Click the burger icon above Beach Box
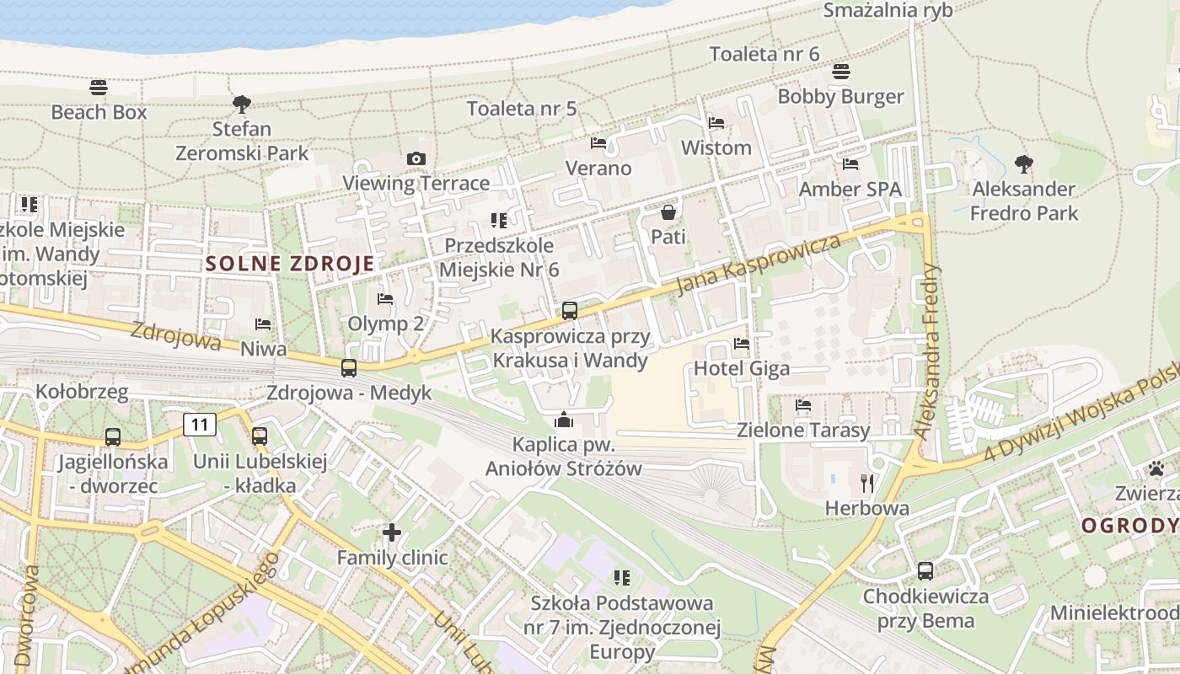[x=99, y=87]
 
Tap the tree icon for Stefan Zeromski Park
[x=242, y=104]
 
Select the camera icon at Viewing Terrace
[x=416, y=158]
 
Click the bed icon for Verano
[x=598, y=143]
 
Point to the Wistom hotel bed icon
[x=716, y=123]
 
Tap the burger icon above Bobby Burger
[x=840, y=72]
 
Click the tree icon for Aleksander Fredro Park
[x=1024, y=163]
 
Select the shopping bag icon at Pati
[x=668, y=212]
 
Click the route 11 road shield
[x=200, y=424]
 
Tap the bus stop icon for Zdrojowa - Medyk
[x=349, y=368]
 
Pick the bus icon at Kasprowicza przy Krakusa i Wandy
[x=570, y=311]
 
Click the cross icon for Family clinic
[x=392, y=532]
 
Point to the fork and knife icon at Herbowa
[x=867, y=484]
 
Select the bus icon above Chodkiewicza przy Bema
[x=925, y=571]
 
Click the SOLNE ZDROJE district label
[x=290, y=264]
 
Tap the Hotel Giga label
[x=742, y=368]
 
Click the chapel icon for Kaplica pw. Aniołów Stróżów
[x=564, y=420]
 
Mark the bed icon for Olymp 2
[x=385, y=299]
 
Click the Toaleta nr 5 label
[x=522, y=108]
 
